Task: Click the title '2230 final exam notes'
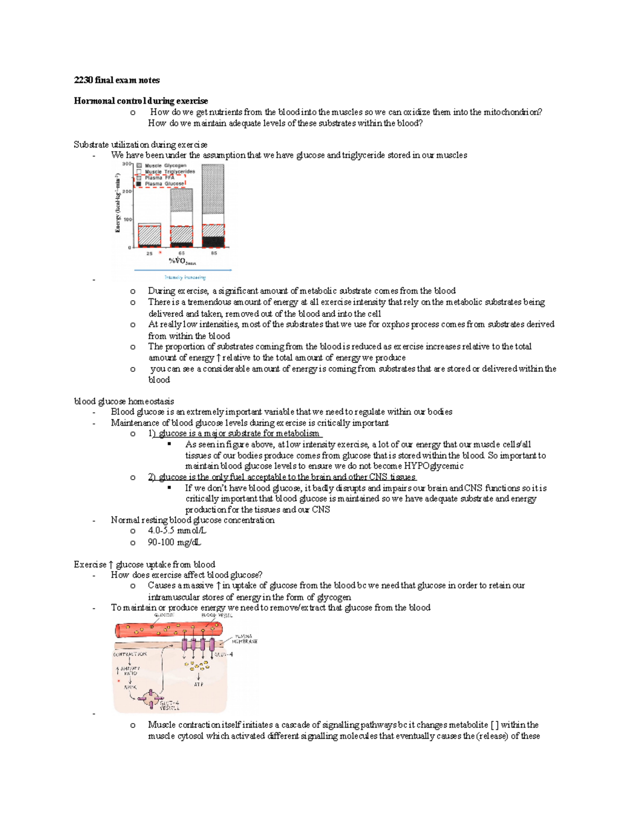coord(116,80)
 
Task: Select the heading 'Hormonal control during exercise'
coord(140,101)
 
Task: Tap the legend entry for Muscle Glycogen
coord(165,166)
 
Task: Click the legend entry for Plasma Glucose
coord(164,184)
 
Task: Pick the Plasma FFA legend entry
coord(159,178)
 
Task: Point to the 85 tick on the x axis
coord(214,253)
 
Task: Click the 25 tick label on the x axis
coord(149,253)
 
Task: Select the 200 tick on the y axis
coord(127,192)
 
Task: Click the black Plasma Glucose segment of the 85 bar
coord(213,242)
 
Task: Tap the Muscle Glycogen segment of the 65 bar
coord(181,200)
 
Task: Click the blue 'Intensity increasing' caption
coord(185,277)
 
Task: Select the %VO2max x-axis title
coord(182,262)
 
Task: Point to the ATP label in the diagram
coord(198,685)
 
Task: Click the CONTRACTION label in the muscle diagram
coord(130,654)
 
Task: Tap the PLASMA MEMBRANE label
coord(245,639)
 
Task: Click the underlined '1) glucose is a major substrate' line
coord(235,433)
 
